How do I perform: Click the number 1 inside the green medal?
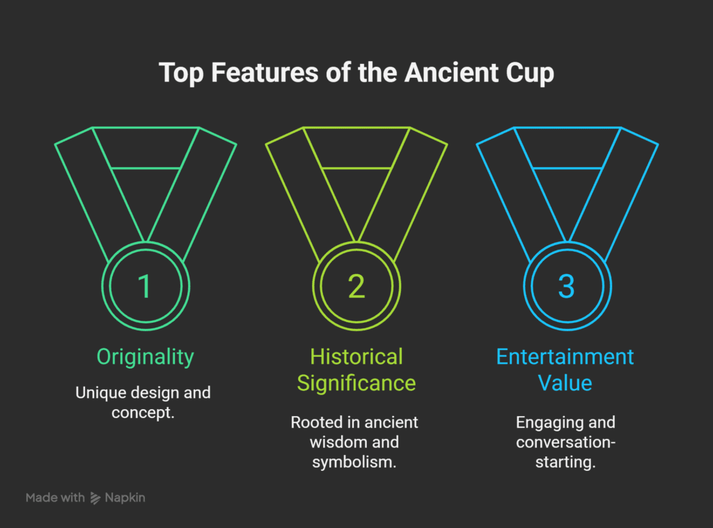click(x=144, y=287)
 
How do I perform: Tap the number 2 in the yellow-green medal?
click(x=356, y=287)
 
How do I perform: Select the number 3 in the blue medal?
click(x=567, y=287)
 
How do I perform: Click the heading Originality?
click(x=145, y=358)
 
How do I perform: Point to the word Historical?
click(x=356, y=357)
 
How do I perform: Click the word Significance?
click(x=356, y=383)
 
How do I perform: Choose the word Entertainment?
click(x=565, y=357)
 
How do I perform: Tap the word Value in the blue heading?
click(x=565, y=383)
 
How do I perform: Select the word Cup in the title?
click(x=531, y=72)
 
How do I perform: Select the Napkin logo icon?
click(x=95, y=498)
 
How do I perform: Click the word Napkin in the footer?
click(x=125, y=498)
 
